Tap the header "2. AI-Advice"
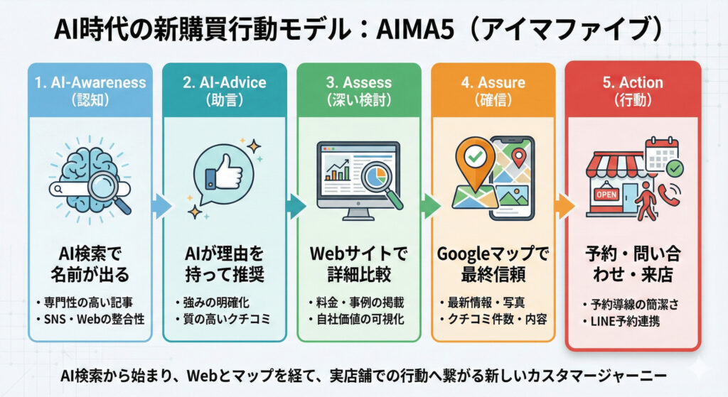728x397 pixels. [224, 82]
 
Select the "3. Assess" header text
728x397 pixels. [358, 82]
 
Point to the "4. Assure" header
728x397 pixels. [492, 82]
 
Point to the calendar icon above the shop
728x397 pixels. [660, 153]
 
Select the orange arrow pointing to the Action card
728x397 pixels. [564, 207]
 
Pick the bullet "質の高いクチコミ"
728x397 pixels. [226, 319]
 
